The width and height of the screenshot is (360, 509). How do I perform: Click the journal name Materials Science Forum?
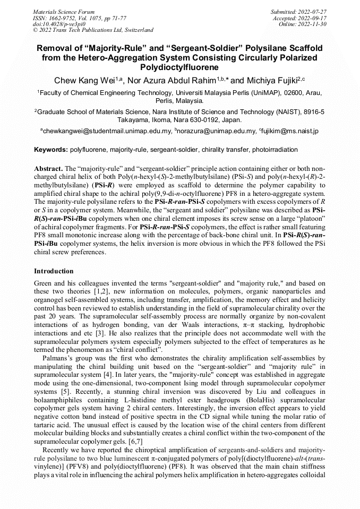pos(64,12)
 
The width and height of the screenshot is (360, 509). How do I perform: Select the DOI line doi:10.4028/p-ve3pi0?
pos(59,24)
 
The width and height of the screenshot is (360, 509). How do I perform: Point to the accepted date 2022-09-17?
pos(314,18)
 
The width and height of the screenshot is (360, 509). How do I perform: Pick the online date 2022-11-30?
pos(314,24)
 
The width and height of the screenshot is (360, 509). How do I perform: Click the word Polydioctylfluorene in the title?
pos(179,67)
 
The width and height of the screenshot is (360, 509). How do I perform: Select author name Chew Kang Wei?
pos(82,81)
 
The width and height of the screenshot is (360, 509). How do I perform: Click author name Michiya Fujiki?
pos(269,81)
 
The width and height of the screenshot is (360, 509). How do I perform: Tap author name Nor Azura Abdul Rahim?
pos(171,81)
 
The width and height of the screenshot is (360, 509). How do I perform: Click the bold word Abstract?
pos(48,168)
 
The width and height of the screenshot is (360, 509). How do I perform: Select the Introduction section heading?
pos(54,271)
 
